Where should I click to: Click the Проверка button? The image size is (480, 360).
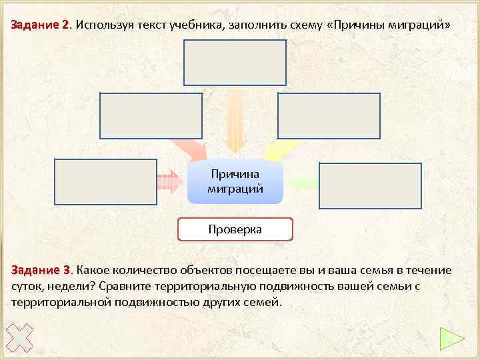235,229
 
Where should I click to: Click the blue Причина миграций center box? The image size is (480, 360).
235,181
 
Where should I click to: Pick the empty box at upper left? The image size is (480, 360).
151,115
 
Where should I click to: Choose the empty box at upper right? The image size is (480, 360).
329,115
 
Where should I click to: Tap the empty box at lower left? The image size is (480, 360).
105,181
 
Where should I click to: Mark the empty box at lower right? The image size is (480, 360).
370,185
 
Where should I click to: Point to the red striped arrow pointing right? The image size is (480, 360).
169,181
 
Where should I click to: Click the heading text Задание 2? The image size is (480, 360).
40,25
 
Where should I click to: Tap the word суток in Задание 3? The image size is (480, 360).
26,286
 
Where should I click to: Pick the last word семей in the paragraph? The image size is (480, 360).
265,302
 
